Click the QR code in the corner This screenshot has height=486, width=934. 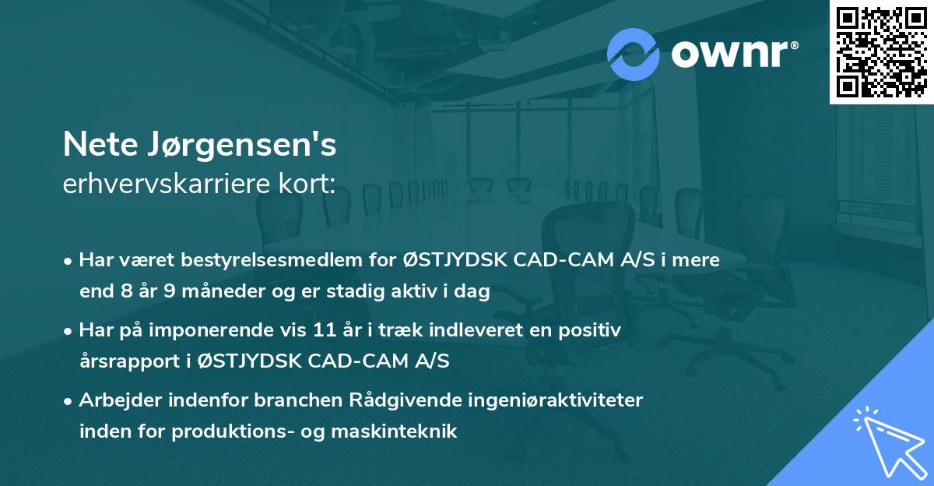pos(881,51)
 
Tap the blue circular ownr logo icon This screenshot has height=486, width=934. pos(634,55)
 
